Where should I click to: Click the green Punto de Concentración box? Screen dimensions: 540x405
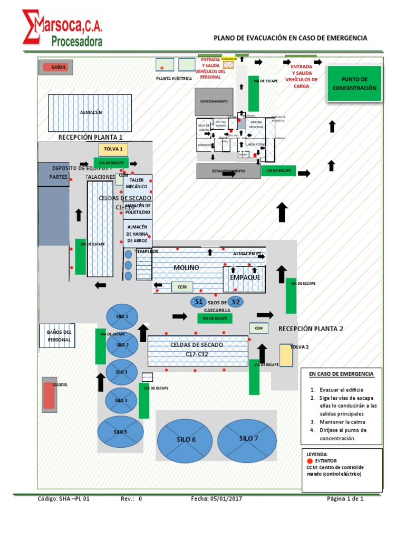click(x=354, y=83)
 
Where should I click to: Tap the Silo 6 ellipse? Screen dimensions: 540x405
click(x=186, y=439)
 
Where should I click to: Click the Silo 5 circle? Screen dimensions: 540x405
click(x=120, y=432)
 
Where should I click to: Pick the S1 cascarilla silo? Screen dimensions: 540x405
click(x=199, y=302)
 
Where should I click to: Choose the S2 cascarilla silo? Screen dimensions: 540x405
click(x=236, y=302)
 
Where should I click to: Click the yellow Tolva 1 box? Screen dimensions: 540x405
click(x=113, y=149)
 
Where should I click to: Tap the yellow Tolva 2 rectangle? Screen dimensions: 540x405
click(x=286, y=355)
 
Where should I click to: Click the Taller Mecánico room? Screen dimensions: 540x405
click(x=137, y=184)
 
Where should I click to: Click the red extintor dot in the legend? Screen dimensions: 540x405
click(x=310, y=460)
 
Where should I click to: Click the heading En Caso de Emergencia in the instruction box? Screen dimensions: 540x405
click(x=341, y=374)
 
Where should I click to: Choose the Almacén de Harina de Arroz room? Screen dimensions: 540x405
click(x=137, y=233)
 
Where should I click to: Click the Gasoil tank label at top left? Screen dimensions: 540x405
click(x=55, y=67)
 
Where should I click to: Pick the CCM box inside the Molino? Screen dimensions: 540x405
click(x=181, y=287)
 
